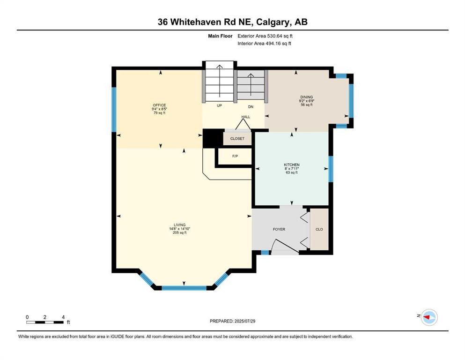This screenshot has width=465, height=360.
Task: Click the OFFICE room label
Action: point(159,105)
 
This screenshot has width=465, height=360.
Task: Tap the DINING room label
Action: point(306,97)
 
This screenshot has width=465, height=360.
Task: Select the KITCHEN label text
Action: point(291,165)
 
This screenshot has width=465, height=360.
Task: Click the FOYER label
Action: point(279,229)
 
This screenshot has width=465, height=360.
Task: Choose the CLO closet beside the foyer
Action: point(319,229)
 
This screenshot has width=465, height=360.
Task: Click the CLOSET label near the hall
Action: point(237,139)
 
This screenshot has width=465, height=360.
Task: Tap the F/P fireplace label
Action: point(235,156)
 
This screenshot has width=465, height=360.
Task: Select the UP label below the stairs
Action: point(219,105)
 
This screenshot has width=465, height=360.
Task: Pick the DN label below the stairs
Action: point(251,106)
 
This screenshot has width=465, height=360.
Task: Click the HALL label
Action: point(245,117)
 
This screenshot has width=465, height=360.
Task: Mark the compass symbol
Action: point(428,317)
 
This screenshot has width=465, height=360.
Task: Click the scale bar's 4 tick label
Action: point(63,317)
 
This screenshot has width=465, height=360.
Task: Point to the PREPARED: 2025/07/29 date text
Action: point(232,321)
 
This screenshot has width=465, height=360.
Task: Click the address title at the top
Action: point(232,22)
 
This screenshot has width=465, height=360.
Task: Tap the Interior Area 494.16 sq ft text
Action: point(265,44)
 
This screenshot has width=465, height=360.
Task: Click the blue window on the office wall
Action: point(113,110)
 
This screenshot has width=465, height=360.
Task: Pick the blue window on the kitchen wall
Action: point(330,169)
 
